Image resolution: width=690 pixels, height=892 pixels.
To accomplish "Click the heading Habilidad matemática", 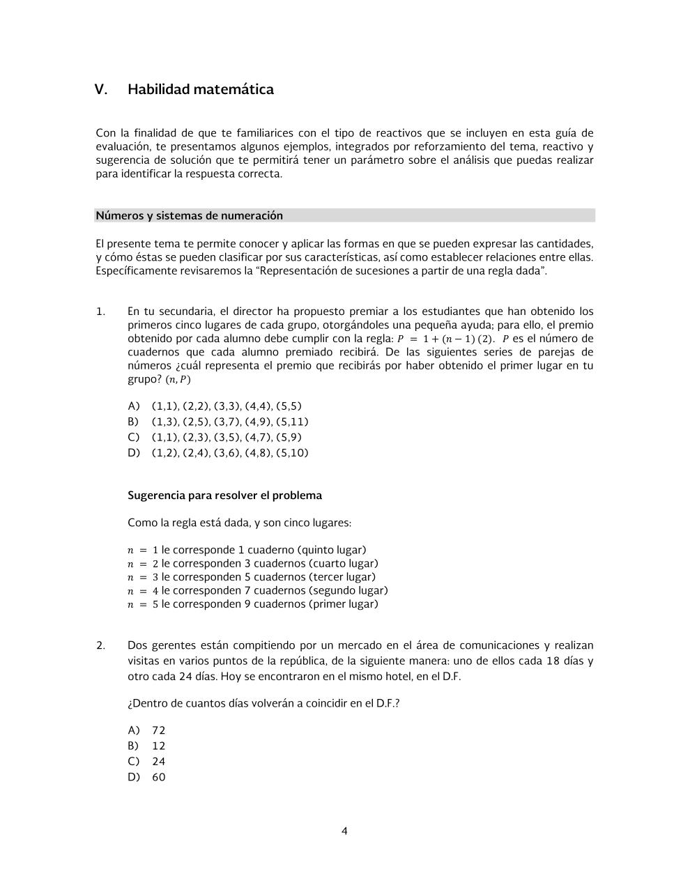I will (x=200, y=89).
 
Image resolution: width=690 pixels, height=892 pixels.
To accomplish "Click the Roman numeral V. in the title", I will (x=101, y=89).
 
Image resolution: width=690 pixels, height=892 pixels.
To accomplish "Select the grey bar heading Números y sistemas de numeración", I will (x=190, y=215).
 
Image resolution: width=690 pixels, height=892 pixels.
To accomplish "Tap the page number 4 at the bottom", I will (x=344, y=831).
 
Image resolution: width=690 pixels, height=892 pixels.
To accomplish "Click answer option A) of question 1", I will (x=133, y=406).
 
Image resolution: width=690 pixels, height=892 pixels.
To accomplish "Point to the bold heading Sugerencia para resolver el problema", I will (x=224, y=495).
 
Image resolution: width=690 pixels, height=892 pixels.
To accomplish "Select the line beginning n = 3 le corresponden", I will (x=251, y=577).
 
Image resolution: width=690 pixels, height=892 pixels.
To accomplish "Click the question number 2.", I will (x=100, y=645).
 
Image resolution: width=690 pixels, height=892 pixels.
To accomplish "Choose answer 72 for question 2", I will (x=158, y=730).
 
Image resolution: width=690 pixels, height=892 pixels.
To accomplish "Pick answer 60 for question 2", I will (x=158, y=777).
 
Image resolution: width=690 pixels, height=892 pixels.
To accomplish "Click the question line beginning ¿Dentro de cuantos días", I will (x=263, y=703).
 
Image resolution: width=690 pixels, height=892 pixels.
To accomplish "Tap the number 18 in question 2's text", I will (x=553, y=661).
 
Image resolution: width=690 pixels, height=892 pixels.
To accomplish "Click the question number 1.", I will (x=100, y=312).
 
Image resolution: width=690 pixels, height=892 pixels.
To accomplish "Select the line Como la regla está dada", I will (x=239, y=523).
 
